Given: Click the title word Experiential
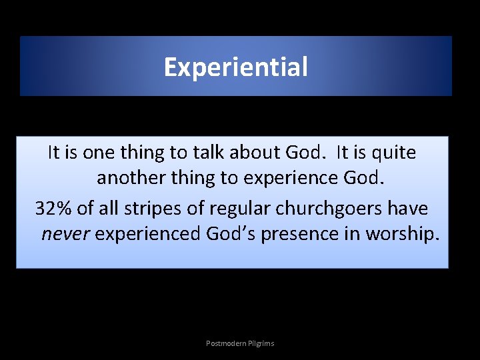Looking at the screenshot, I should coord(236,67).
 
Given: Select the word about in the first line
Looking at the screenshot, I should coord(255,153).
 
